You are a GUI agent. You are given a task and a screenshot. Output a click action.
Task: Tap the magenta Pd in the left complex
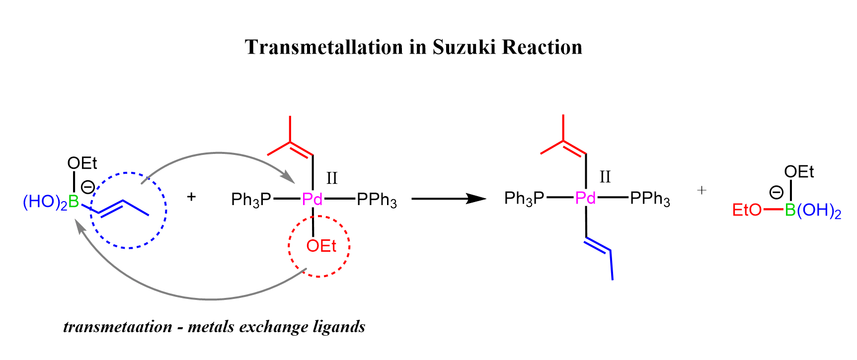312,200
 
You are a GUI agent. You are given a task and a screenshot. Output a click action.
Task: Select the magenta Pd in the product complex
585,198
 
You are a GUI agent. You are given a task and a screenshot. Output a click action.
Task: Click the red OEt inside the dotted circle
321,246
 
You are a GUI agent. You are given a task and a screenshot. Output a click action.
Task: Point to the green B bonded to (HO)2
74,202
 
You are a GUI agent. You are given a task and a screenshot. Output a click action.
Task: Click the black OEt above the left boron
82,163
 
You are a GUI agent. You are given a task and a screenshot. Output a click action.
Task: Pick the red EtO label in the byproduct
747,210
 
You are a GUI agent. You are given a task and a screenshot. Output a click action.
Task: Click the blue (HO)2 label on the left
45,203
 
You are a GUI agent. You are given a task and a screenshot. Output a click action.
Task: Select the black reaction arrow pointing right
449,199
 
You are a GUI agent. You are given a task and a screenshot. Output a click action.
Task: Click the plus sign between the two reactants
191,197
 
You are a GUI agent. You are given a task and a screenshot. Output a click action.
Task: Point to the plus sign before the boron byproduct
701,190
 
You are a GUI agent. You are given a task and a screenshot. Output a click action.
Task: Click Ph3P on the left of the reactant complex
251,200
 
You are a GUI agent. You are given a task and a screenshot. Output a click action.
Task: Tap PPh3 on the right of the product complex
650,199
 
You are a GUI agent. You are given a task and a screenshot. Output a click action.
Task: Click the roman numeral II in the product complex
605,177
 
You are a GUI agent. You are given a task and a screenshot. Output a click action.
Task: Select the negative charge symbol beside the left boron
88,187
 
